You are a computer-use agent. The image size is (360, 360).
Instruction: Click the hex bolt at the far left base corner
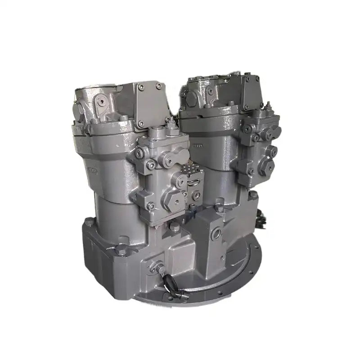point(89,221)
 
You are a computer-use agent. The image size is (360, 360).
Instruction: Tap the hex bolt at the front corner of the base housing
point(122,250)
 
